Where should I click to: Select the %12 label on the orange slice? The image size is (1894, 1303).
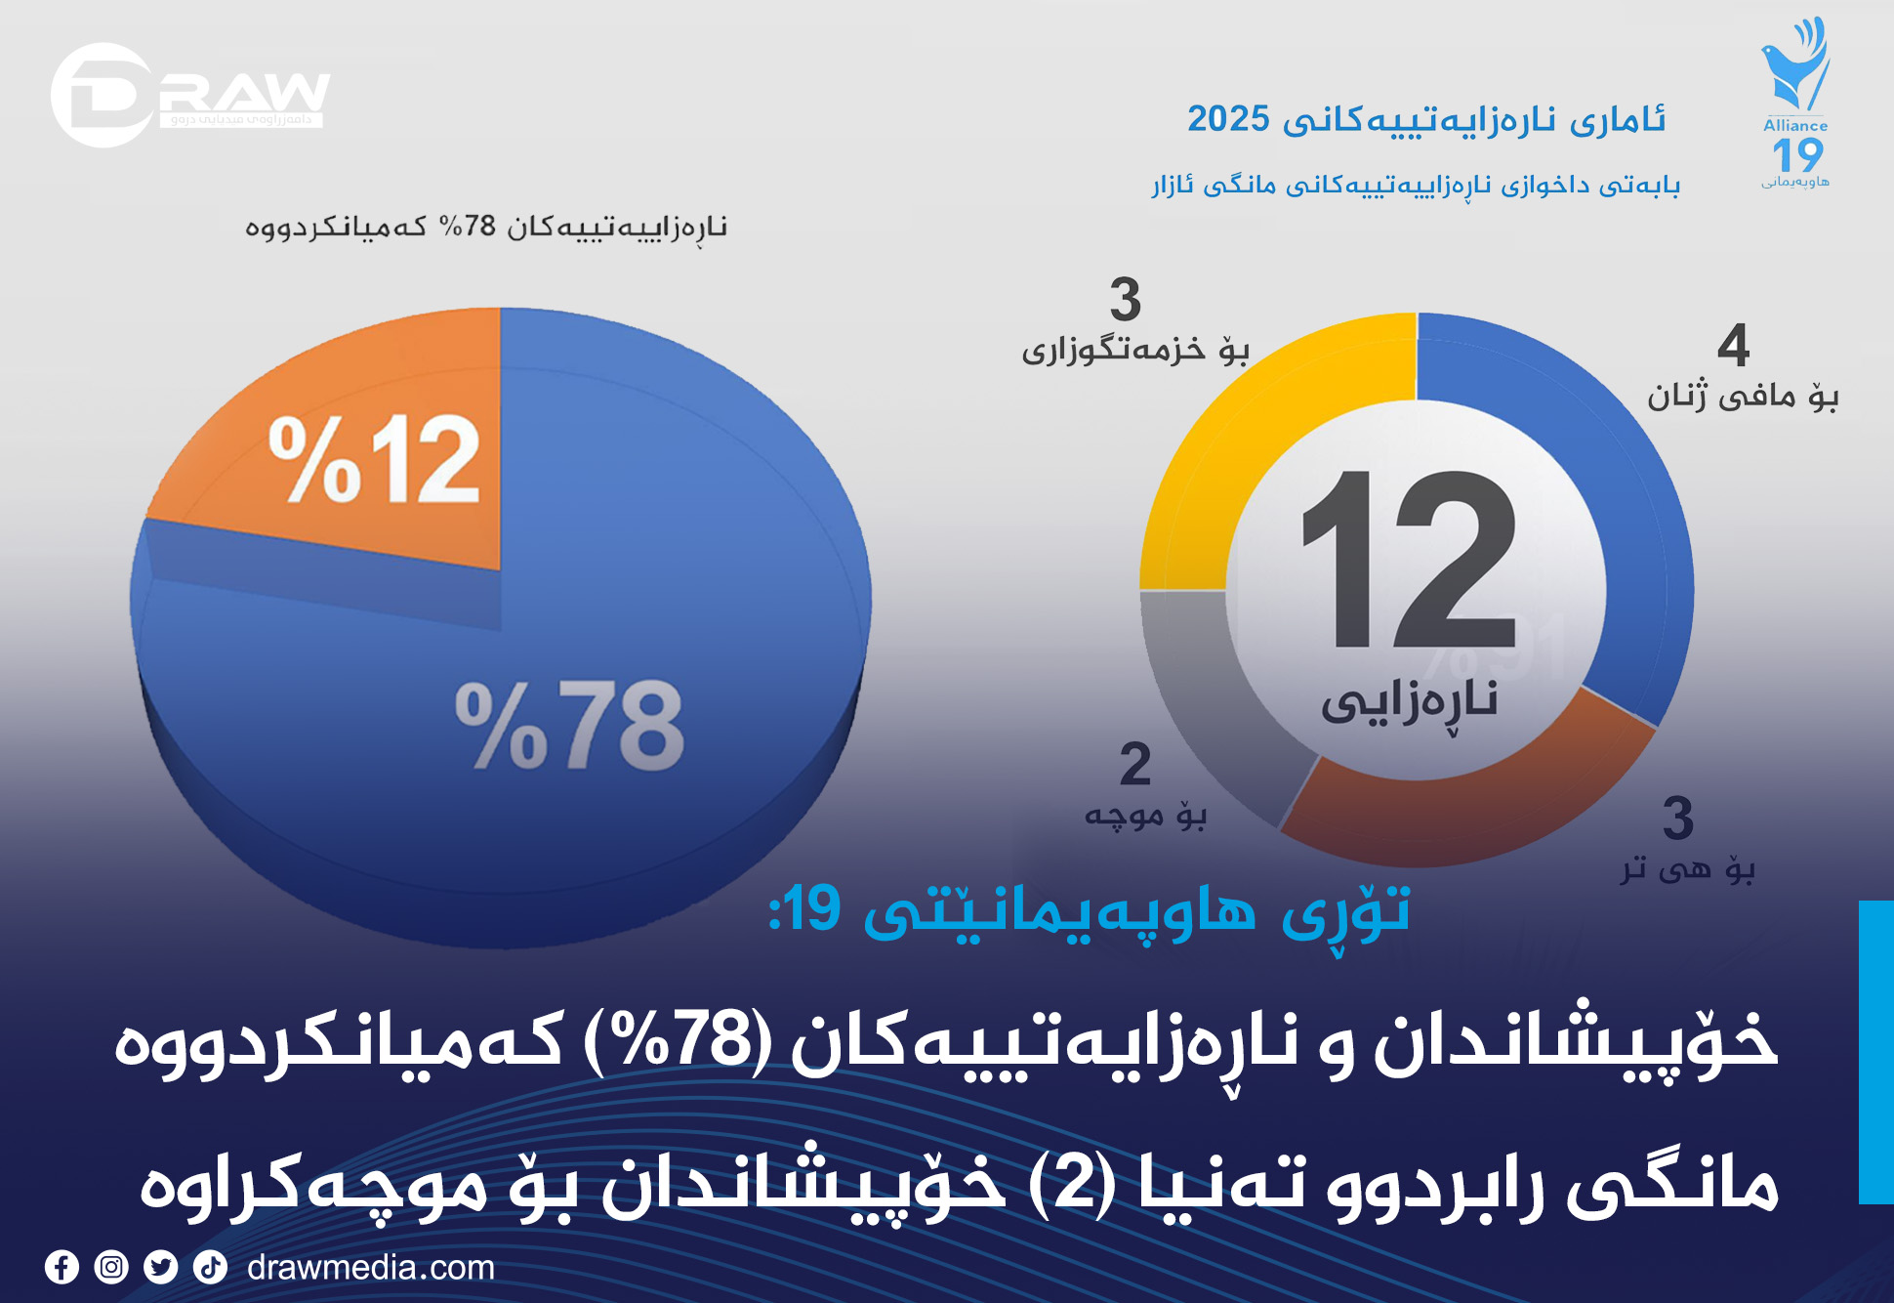(375, 458)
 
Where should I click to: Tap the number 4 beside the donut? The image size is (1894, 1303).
(1733, 346)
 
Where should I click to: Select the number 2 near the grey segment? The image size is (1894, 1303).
(1134, 764)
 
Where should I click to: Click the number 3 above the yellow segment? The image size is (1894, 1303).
(1125, 299)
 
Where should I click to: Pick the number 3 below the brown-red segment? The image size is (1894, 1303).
(1677, 819)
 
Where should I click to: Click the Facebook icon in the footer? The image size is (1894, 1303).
(62, 1267)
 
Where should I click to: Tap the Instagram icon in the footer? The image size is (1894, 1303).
(111, 1267)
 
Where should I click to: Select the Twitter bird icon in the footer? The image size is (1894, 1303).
(161, 1267)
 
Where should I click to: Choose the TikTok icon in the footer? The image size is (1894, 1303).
(210, 1267)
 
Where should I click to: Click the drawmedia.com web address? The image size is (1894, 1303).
(371, 1267)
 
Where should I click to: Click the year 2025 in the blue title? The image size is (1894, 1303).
(1228, 119)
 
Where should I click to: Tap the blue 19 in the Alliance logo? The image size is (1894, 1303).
(1796, 155)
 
